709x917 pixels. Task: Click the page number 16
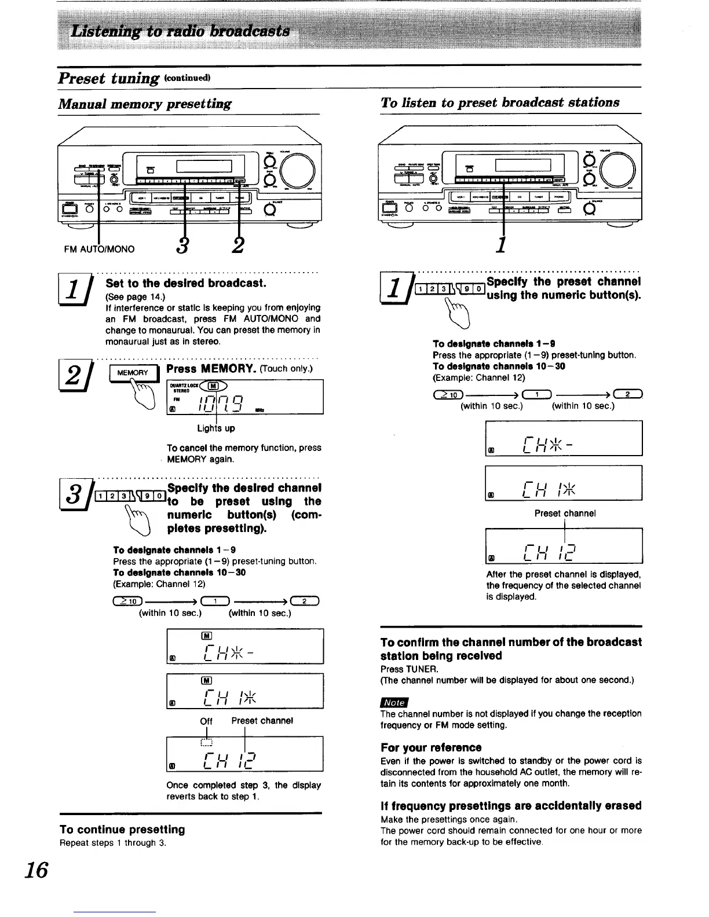click(x=37, y=870)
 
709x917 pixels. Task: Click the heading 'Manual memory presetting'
click(x=145, y=104)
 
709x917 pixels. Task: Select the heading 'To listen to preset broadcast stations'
click(x=500, y=102)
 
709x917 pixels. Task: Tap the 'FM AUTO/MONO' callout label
click(x=100, y=250)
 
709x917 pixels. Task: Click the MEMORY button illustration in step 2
click(x=133, y=373)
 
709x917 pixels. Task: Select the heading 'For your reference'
click(x=431, y=747)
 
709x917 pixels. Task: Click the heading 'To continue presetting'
click(x=122, y=830)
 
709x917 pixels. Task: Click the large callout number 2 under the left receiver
click(x=237, y=246)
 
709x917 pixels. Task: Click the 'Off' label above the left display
click(x=206, y=721)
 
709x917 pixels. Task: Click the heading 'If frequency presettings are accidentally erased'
click(x=511, y=806)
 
